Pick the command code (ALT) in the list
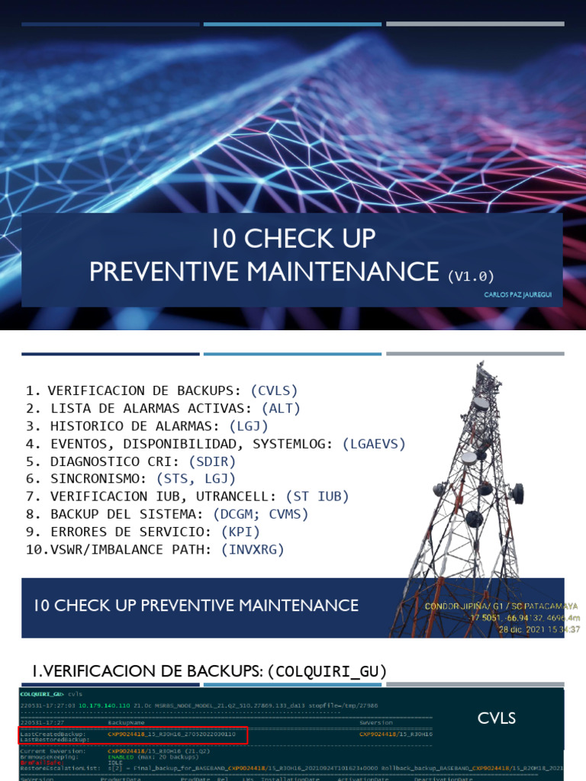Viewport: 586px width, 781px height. point(281,408)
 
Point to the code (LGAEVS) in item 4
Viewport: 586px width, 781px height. point(374,443)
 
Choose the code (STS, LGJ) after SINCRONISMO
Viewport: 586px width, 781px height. point(198,479)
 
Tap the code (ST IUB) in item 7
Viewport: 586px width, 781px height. point(317,497)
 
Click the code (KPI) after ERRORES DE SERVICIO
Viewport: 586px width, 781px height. point(240,532)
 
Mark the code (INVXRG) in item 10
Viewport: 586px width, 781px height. point(253,549)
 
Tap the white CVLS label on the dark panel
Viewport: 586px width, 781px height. point(497,718)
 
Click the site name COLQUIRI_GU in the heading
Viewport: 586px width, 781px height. point(330,671)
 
